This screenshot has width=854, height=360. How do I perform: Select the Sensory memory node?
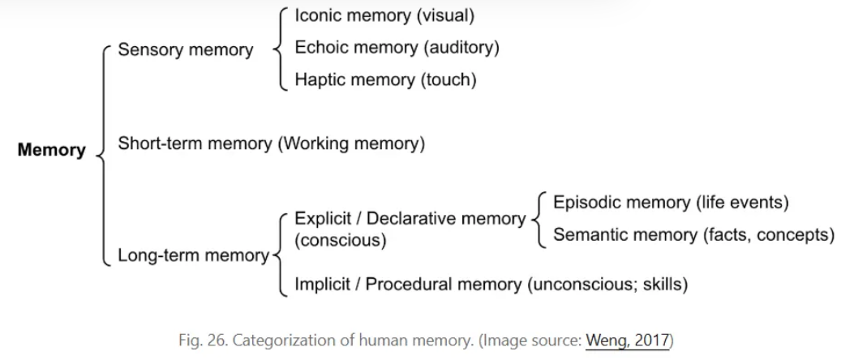pos(186,50)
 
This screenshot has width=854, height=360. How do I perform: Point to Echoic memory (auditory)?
pos(397,48)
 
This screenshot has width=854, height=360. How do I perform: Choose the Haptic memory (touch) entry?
pos(385,80)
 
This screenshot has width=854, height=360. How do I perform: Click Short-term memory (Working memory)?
pos(271,144)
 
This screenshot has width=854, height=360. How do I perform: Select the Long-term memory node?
pos(192,256)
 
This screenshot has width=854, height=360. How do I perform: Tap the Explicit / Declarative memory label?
pos(410,218)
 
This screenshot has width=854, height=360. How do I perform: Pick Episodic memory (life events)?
pos(671,203)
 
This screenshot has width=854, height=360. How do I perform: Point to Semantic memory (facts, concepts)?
pos(693,235)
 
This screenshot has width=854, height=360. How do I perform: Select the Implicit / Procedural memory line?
pos(491,285)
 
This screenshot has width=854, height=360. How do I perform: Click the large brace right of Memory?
pos(101,150)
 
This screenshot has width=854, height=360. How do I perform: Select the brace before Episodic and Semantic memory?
pos(536,219)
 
